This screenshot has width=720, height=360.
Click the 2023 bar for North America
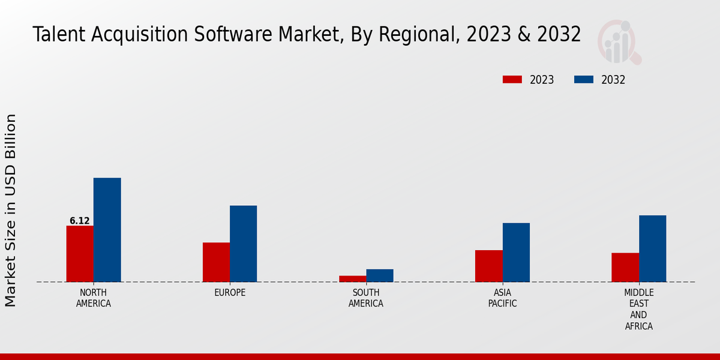tap(80, 254)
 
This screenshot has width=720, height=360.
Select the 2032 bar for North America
tap(107, 230)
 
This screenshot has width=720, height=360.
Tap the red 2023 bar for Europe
tap(216, 262)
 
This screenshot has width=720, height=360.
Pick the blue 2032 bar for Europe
tap(243, 244)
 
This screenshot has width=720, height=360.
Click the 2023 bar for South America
tap(352, 278)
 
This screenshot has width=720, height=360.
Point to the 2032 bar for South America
tap(380, 275)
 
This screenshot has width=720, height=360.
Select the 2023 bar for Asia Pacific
tap(488, 266)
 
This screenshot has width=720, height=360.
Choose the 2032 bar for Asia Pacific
tap(516, 253)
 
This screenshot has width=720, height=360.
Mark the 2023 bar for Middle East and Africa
tap(625, 267)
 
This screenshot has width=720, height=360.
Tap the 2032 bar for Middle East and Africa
tap(652, 248)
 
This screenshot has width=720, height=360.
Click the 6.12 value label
tap(80, 221)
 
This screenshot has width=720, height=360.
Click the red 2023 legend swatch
tap(512, 80)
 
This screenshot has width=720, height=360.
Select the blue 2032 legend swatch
tap(584, 80)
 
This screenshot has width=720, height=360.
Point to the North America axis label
tap(94, 298)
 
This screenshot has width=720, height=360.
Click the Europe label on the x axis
tap(230, 293)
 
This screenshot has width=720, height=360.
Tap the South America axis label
tap(366, 298)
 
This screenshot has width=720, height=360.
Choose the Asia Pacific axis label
tap(502, 298)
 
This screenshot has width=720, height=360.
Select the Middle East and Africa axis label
tap(638, 310)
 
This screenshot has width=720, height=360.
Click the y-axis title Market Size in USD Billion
tap(11, 210)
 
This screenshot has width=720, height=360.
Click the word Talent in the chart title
tap(56, 35)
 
